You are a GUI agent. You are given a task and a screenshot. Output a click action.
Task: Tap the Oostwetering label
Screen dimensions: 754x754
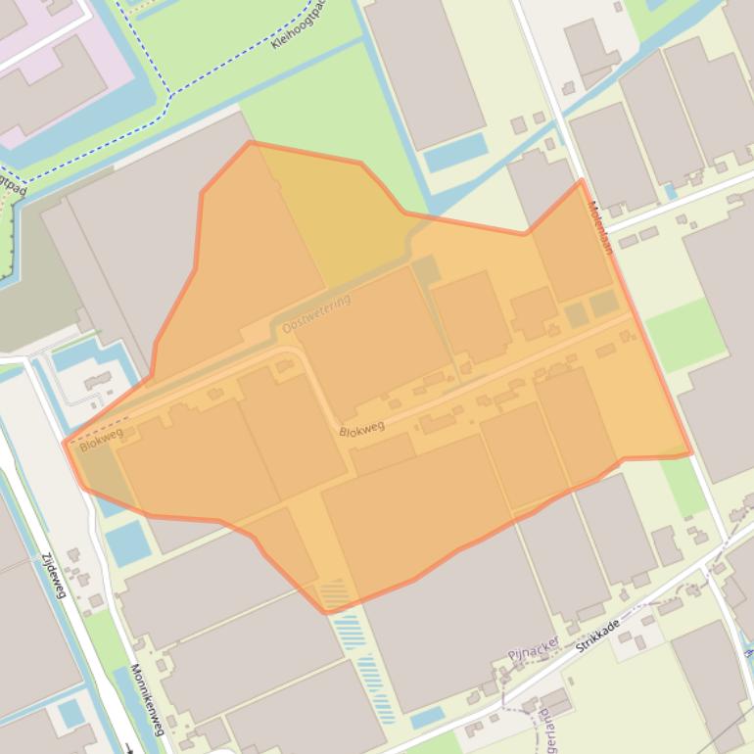click(315, 314)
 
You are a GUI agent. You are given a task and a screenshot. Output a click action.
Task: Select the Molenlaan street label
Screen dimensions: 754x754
click(599, 228)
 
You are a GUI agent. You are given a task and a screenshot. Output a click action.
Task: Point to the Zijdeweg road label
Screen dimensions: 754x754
click(55, 577)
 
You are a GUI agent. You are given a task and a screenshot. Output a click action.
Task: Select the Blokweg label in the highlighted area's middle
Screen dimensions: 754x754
click(361, 428)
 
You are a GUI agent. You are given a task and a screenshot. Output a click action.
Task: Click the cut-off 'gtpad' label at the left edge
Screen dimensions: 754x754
click(9, 186)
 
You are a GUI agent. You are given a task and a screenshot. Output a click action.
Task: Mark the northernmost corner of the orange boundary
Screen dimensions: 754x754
click(252, 143)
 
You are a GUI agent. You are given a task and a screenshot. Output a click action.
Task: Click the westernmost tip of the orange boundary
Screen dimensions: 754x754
click(66, 445)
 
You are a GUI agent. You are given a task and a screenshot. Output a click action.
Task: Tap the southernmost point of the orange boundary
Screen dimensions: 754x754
click(327, 613)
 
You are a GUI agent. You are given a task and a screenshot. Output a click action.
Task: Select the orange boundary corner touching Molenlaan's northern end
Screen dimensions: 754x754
click(582, 181)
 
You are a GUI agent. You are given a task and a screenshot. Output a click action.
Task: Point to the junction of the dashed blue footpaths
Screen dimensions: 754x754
click(169, 95)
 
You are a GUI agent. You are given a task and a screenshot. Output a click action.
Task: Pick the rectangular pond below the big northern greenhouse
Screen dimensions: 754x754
click(455, 154)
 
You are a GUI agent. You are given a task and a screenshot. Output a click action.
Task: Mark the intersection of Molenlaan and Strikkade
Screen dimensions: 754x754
click(727, 541)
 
